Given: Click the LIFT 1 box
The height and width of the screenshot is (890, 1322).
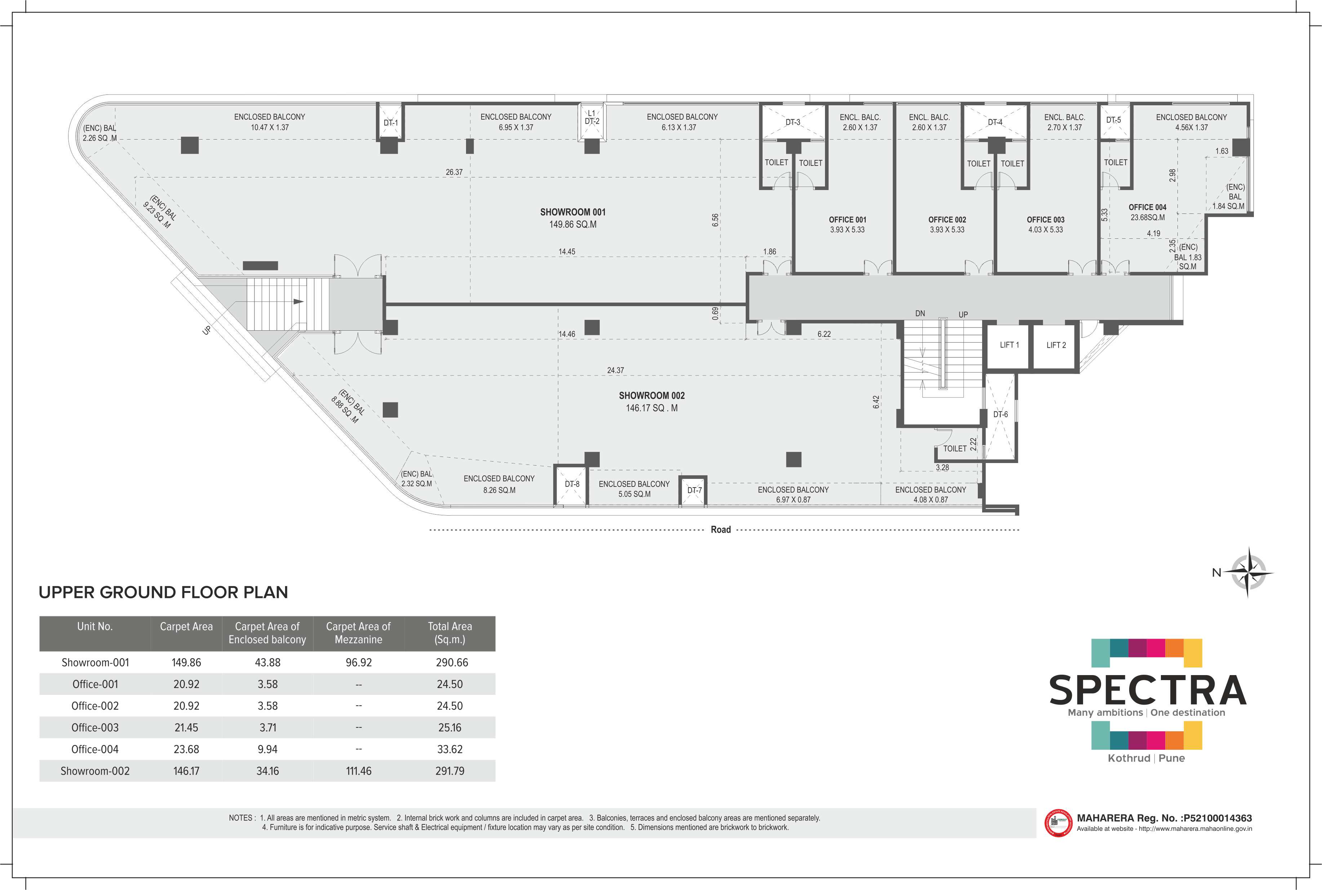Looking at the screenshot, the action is click(1009, 346).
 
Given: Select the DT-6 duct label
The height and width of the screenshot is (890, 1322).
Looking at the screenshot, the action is click(1001, 414).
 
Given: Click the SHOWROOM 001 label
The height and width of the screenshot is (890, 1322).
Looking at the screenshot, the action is click(573, 212).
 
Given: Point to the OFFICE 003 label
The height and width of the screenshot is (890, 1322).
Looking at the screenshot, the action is click(1045, 220).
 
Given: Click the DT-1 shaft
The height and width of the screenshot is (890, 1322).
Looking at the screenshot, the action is click(390, 122).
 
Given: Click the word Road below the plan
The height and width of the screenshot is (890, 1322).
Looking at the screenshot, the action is click(721, 530).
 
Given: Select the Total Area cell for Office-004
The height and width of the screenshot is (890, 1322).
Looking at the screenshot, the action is click(450, 749).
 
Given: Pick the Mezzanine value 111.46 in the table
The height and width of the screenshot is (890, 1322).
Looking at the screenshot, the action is click(358, 771).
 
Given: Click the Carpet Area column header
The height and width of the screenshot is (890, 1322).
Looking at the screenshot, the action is click(186, 627).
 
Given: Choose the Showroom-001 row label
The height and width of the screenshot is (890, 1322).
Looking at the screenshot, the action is click(95, 662).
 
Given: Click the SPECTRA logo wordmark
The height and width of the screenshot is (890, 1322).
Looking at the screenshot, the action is click(1147, 690).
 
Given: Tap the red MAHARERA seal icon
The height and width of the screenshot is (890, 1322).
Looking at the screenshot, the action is click(1058, 823).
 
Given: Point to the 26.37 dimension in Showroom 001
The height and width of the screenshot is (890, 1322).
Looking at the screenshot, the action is click(454, 172).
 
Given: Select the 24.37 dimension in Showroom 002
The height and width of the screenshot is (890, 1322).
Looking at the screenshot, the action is click(615, 370).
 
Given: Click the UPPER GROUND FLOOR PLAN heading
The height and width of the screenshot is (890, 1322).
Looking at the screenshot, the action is click(163, 592).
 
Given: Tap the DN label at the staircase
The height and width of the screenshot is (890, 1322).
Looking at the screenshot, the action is click(920, 313).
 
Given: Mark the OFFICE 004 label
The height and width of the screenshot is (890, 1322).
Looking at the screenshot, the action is click(1147, 207).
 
